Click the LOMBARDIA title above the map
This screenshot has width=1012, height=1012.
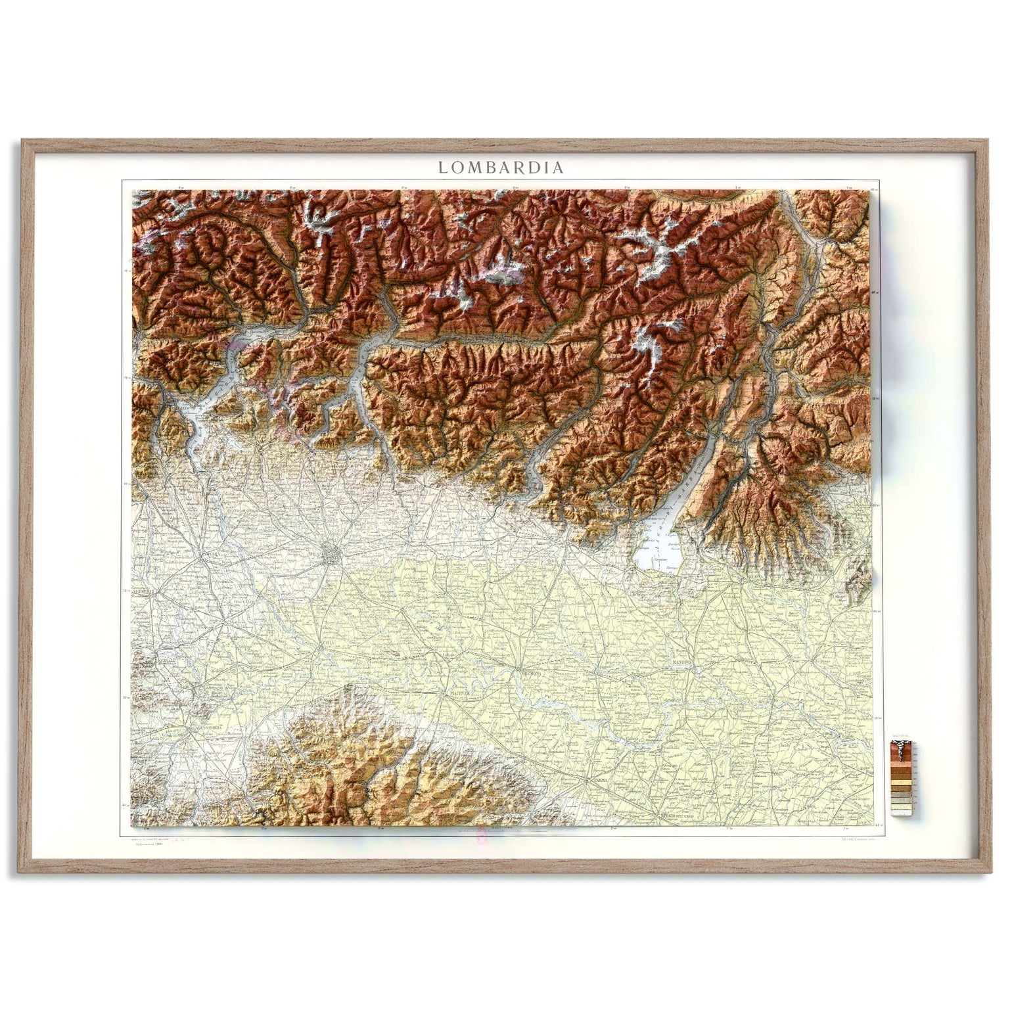click(x=501, y=168)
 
